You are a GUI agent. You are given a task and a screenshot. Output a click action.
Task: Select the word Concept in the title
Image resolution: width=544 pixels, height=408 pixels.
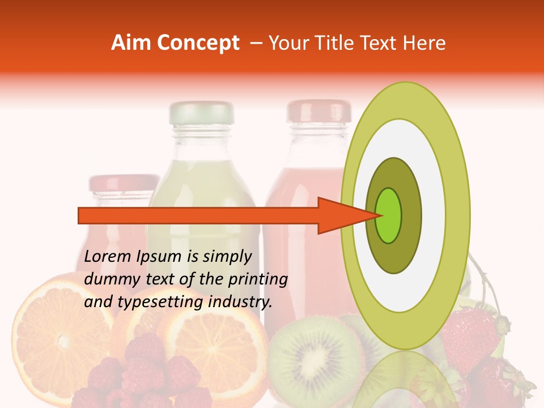pyautogui.click(x=198, y=43)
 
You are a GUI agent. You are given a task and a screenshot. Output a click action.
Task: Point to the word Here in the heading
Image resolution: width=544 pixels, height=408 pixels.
pyautogui.click(x=425, y=43)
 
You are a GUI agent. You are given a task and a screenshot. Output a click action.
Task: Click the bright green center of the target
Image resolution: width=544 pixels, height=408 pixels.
pyautogui.click(x=389, y=215)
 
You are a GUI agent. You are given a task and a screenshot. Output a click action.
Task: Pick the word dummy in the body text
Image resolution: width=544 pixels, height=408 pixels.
pyautogui.click(x=108, y=279)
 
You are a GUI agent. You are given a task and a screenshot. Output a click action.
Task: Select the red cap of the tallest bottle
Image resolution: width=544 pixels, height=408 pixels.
pyautogui.click(x=318, y=111)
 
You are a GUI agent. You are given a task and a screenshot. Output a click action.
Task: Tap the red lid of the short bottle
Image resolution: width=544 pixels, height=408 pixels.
pyautogui.click(x=124, y=183)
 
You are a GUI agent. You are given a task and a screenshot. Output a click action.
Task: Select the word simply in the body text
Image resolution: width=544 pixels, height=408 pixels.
pyautogui.click(x=227, y=257)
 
